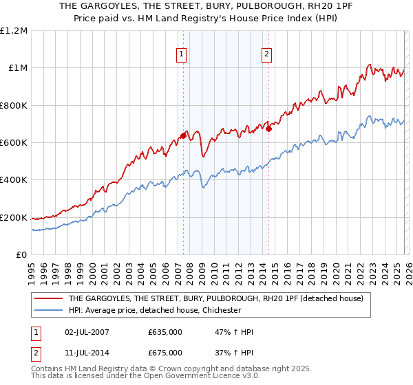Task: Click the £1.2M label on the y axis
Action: pos(14,30)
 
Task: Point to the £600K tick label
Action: pos(14,142)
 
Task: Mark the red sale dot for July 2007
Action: pos(183,135)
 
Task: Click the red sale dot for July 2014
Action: pos(268,128)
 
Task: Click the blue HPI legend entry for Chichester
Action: pos(155,310)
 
